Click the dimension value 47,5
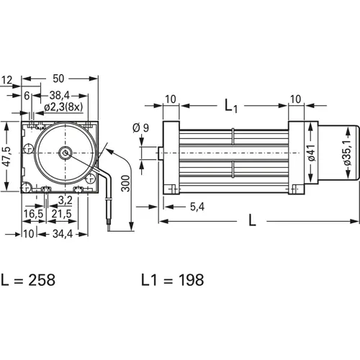[7, 158]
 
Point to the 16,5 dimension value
[32, 215]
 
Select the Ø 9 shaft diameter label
[142, 130]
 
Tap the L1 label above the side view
[231, 107]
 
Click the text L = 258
[30, 279]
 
